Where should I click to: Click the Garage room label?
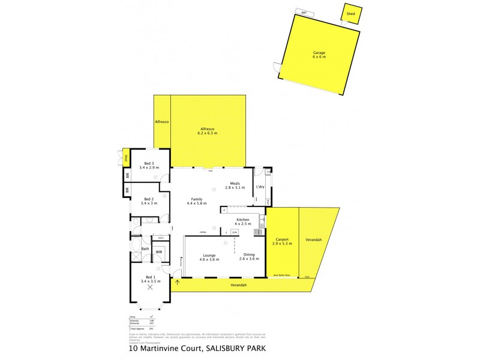319,53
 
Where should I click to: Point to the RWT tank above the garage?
305,12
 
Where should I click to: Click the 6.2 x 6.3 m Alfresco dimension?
208,133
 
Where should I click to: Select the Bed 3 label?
148,163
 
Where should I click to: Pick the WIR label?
159,252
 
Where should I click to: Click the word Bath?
145,248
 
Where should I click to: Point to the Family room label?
197,199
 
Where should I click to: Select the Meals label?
235,184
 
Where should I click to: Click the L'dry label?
260,187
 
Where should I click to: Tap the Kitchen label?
242,220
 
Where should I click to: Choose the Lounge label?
209,255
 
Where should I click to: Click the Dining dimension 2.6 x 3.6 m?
249,259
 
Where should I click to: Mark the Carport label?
281,239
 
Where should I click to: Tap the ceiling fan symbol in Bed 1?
149,287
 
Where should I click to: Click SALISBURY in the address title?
230,347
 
